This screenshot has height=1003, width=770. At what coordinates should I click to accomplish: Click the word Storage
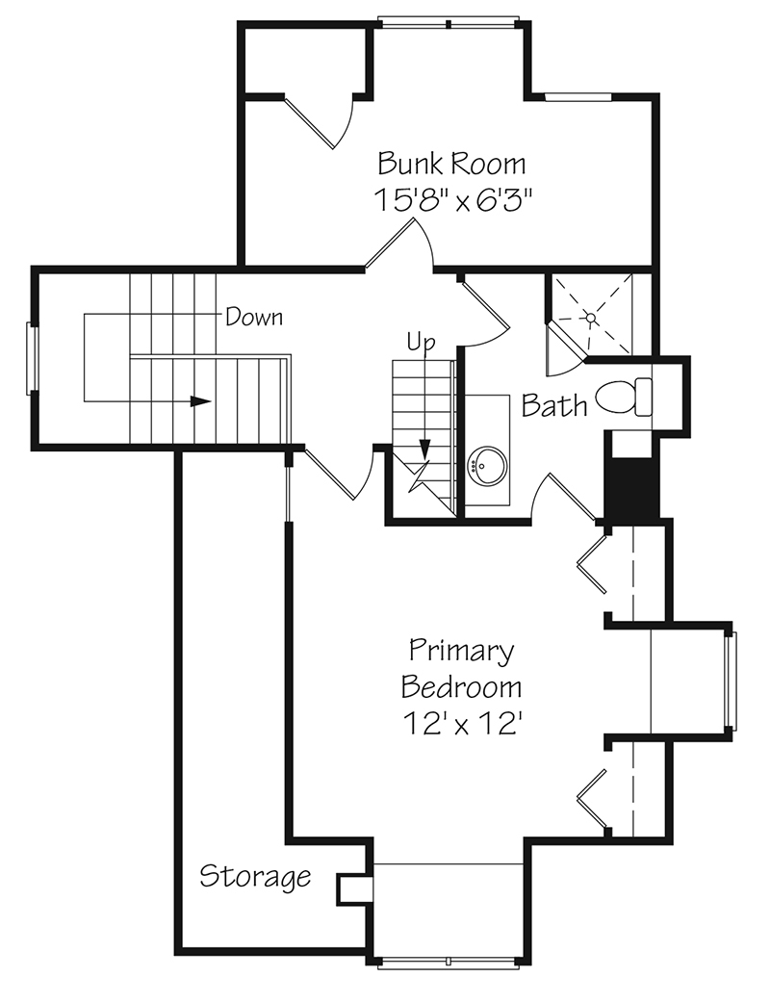255,877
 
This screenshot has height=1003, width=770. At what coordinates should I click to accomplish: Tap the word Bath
554,405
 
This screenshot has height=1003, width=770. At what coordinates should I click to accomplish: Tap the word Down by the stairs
254,316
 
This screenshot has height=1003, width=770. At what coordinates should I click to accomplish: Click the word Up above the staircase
421,342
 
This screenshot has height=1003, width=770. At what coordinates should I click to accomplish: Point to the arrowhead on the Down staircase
200,401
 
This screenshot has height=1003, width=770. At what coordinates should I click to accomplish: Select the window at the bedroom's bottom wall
449,961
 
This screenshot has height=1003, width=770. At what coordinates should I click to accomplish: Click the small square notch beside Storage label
352,888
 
